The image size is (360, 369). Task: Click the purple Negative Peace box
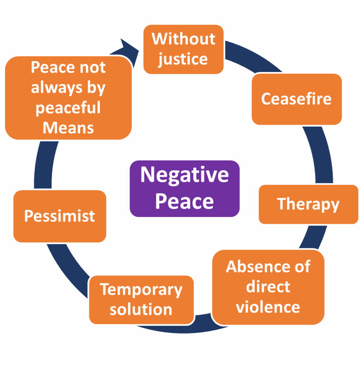(184, 188)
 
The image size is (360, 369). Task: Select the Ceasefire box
(297, 99)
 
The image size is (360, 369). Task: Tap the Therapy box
(308, 204)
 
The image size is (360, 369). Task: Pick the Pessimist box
(60, 216)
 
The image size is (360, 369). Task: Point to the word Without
(183, 39)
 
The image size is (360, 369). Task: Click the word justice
(183, 59)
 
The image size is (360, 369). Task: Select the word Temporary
(141, 289)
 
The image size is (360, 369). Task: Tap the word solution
(141, 309)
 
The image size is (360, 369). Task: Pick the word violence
(268, 307)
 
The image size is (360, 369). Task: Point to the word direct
(268, 287)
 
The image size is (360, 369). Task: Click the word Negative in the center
(184, 175)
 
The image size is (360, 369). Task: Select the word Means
(68, 128)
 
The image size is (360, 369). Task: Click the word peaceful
(68, 108)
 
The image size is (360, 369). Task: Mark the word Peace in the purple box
(184, 201)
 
